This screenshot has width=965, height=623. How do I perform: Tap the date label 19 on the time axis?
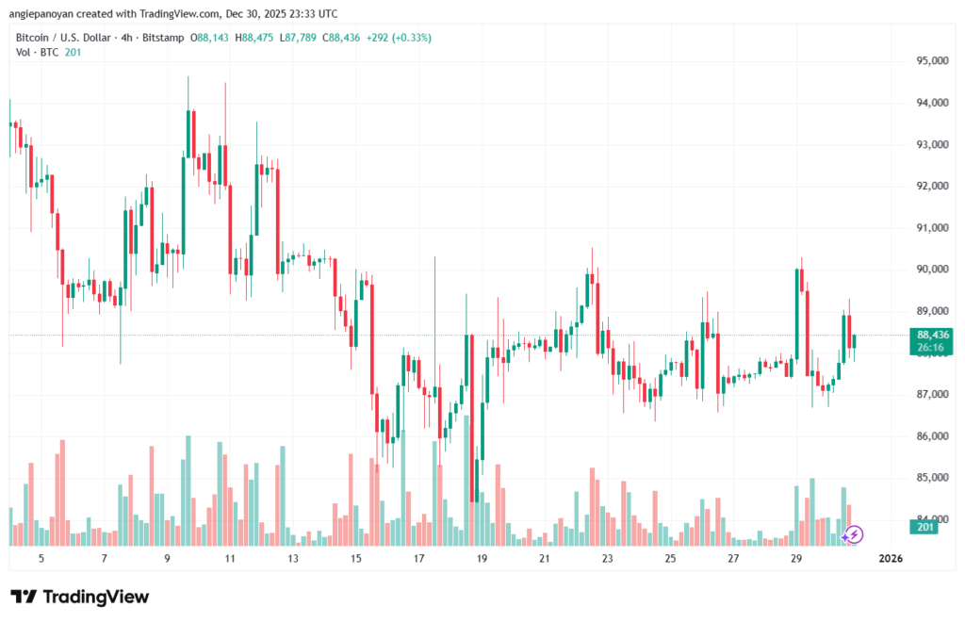[x=482, y=559]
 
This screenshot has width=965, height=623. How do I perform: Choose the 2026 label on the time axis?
[x=891, y=559]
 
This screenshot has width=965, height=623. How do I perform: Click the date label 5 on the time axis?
[x=41, y=559]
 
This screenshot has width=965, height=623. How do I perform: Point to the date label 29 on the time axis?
[x=796, y=559]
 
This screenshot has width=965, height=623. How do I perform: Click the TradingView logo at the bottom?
[x=80, y=597]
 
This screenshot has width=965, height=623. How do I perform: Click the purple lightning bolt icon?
[x=853, y=535]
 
